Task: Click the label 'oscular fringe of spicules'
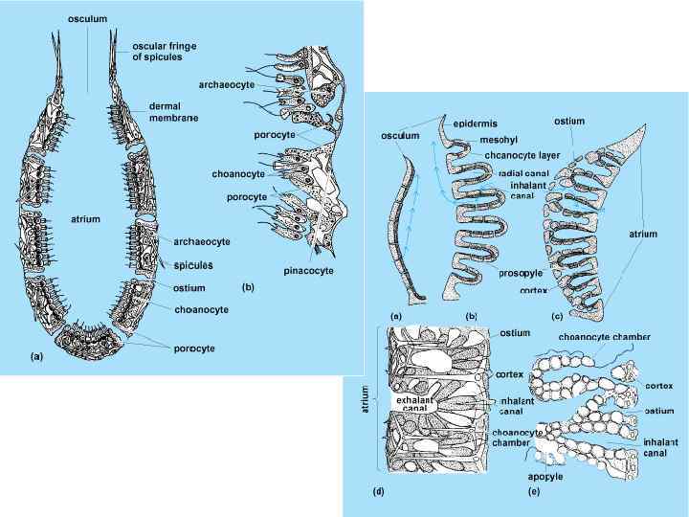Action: (x=170, y=51)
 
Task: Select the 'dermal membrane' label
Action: (x=173, y=111)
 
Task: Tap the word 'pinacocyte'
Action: (x=309, y=272)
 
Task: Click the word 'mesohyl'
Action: (x=499, y=141)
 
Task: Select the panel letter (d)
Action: (x=377, y=491)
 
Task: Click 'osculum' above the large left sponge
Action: (x=87, y=18)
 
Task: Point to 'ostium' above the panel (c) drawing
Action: (x=569, y=122)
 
